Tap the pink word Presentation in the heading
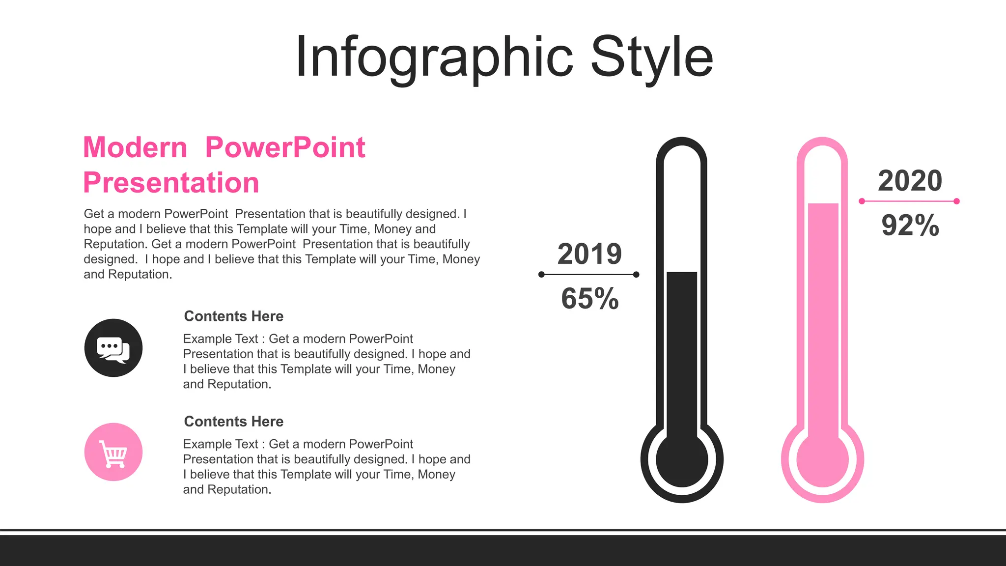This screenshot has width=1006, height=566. pos(171,183)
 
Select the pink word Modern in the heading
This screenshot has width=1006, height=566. pos(135,147)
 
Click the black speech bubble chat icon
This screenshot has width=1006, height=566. pos(113,348)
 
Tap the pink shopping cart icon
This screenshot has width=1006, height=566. pos(113,452)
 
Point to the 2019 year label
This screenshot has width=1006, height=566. pos(589,254)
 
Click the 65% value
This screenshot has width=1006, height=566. pos(589,298)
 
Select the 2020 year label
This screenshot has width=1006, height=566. pos(910,181)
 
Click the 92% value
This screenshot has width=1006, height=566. pos(910,226)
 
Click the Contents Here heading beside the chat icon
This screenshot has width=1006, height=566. pos(233,316)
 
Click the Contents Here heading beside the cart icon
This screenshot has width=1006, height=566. pos(233,422)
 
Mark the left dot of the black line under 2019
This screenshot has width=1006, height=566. pos(541,275)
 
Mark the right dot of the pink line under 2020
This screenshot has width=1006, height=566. pos(956,201)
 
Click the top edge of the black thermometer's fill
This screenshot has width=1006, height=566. pos(682,273)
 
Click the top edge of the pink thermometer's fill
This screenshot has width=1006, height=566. pos(823,204)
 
